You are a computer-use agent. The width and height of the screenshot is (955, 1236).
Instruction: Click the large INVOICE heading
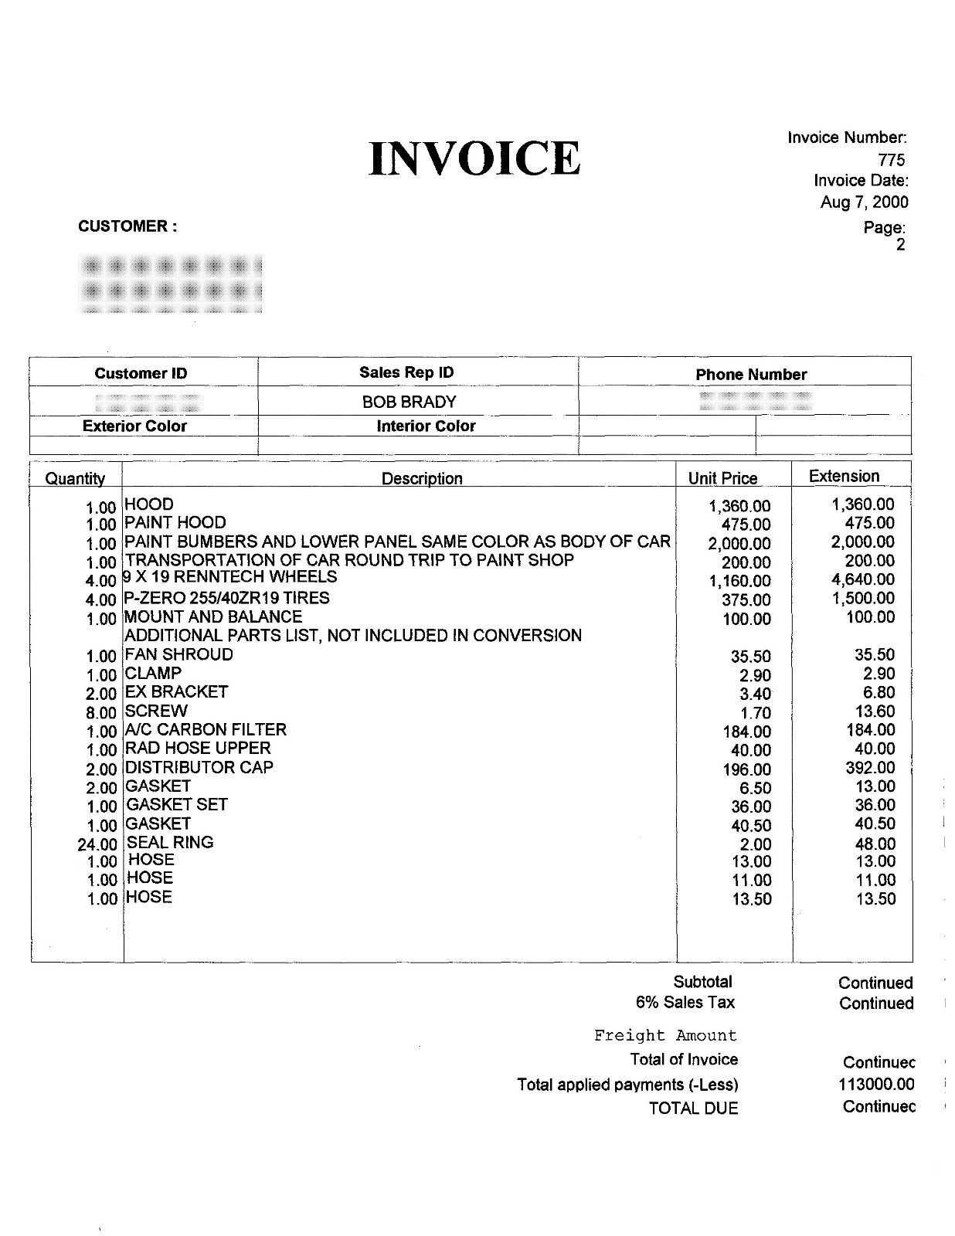click(x=474, y=158)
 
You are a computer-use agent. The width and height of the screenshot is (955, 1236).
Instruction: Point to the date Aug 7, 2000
click(x=864, y=202)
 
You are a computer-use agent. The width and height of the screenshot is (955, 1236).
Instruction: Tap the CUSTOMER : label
click(x=127, y=226)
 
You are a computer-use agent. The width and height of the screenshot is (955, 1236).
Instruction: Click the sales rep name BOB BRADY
click(x=409, y=402)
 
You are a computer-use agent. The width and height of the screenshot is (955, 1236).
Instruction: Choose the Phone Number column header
click(x=750, y=375)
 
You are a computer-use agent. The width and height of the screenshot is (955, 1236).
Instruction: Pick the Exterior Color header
click(x=134, y=426)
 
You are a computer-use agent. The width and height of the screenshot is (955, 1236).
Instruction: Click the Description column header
click(x=422, y=478)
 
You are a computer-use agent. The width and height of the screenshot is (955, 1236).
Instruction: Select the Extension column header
click(x=844, y=476)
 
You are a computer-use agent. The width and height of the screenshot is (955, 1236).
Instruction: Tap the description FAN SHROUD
click(x=178, y=654)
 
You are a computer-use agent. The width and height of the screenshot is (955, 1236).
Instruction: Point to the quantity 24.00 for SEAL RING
click(x=97, y=844)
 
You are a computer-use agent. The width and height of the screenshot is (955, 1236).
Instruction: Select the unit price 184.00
click(x=746, y=732)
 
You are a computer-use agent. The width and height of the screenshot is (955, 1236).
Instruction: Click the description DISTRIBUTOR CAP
click(x=199, y=767)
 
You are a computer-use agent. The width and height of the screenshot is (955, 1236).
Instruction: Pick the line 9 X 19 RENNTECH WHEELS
click(x=229, y=577)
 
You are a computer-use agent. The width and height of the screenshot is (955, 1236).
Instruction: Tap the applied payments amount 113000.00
click(x=876, y=1085)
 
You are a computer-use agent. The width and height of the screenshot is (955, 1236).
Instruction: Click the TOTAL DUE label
click(x=693, y=1109)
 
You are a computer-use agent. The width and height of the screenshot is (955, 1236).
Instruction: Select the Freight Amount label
click(x=665, y=1035)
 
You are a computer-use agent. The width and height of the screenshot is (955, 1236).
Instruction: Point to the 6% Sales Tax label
click(x=685, y=1003)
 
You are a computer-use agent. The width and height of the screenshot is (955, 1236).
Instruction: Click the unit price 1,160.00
click(x=739, y=581)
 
